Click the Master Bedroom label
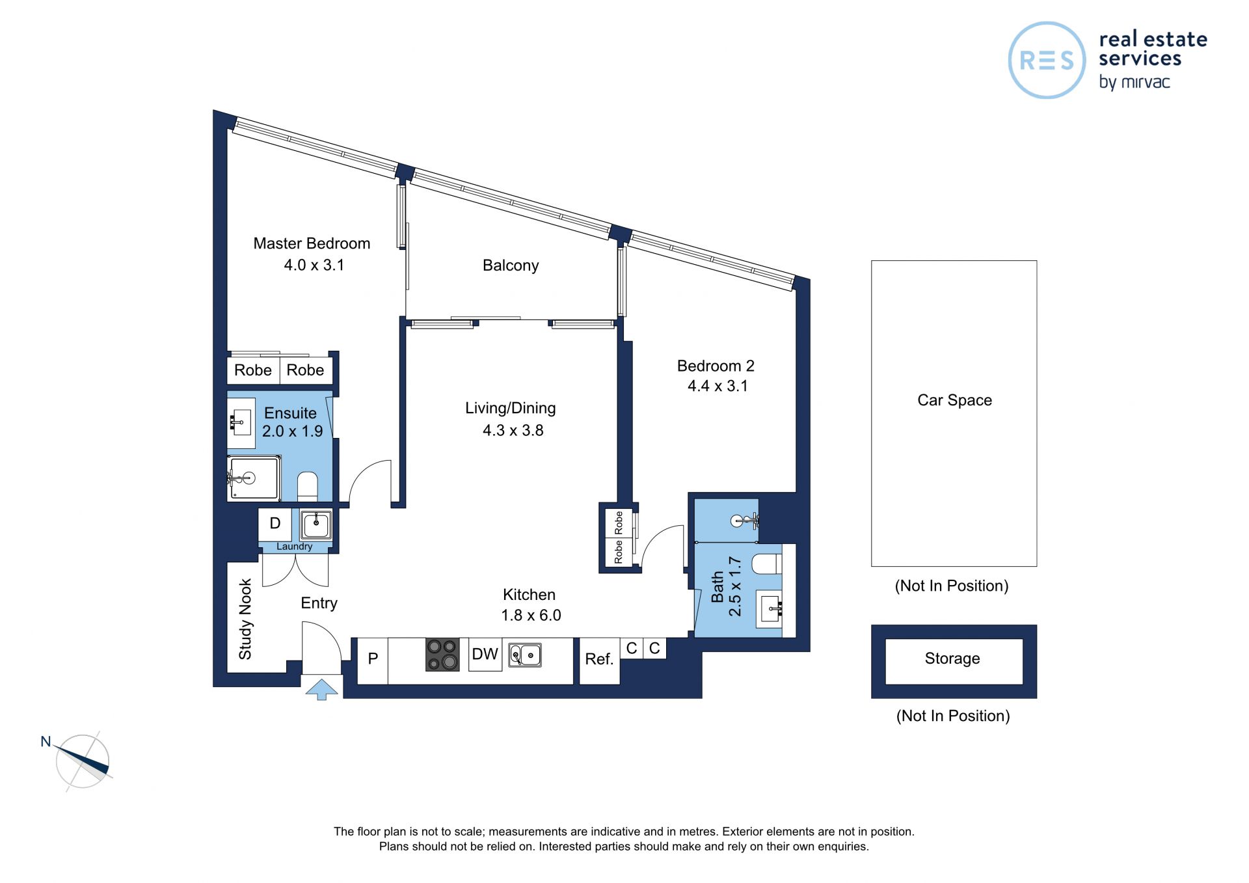point(312,243)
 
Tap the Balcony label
point(511,265)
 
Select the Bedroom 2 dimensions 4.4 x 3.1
point(718,386)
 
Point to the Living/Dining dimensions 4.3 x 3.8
point(513,430)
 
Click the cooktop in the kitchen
point(442,655)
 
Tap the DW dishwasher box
point(485,655)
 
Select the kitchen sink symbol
point(525,655)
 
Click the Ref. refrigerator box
point(599,660)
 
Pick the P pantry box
point(373,660)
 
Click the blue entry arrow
point(322,689)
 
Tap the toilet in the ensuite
point(308,486)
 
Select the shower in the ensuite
point(253,478)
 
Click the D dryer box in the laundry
point(275,524)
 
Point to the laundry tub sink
point(316,524)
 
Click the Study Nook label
point(245,619)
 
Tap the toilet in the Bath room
point(766,564)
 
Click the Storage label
point(952,659)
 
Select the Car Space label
point(954,400)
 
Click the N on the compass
point(46,742)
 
